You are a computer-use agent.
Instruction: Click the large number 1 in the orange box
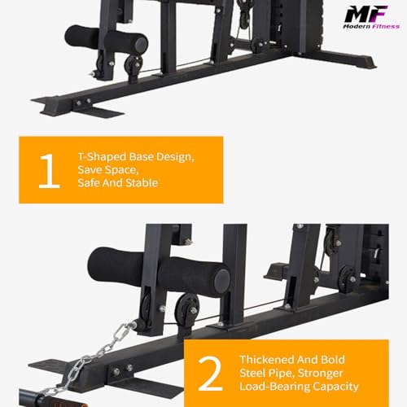49,171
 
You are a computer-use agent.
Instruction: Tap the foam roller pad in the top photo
107,39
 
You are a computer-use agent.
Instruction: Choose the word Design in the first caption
176,153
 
